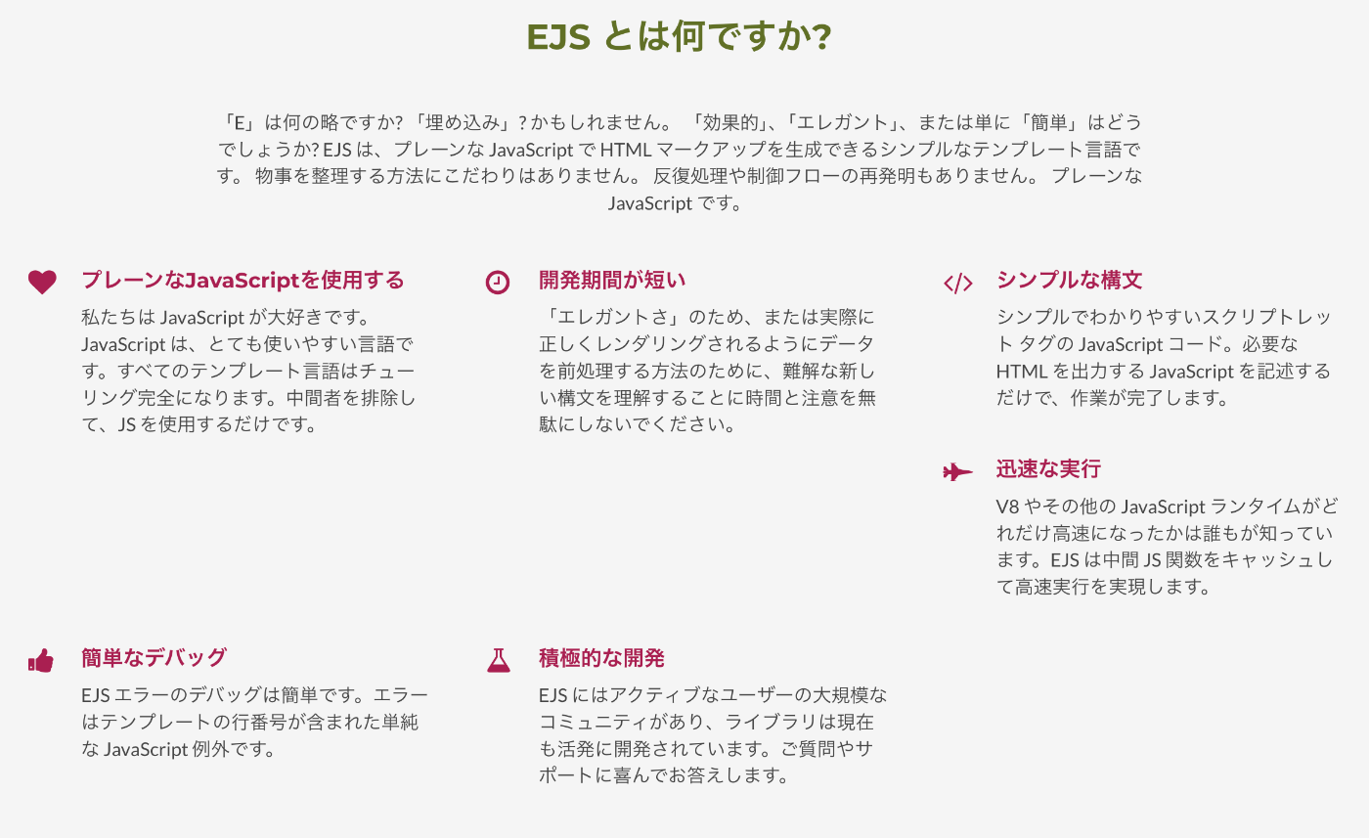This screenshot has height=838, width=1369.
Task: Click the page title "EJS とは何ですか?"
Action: [x=679, y=37]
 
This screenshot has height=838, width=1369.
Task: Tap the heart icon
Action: [x=42, y=282]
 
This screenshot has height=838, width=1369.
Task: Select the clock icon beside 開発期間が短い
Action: [x=498, y=282]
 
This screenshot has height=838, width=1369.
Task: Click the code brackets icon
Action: [x=957, y=283]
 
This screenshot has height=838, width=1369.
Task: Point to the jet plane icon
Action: [x=957, y=471]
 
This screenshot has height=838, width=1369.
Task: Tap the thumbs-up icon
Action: [x=41, y=660]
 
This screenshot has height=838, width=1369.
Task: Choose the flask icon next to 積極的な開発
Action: [x=499, y=660]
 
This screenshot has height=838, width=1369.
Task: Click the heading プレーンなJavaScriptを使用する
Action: [x=243, y=281]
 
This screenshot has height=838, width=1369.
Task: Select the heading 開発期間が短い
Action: [x=613, y=281]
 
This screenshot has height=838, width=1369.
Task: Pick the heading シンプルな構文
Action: [x=1070, y=281]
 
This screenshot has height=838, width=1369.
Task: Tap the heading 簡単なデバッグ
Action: [x=155, y=657]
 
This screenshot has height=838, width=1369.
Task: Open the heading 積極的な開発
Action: [x=602, y=657]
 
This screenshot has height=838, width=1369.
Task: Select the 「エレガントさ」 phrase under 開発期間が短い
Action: [x=615, y=318]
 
